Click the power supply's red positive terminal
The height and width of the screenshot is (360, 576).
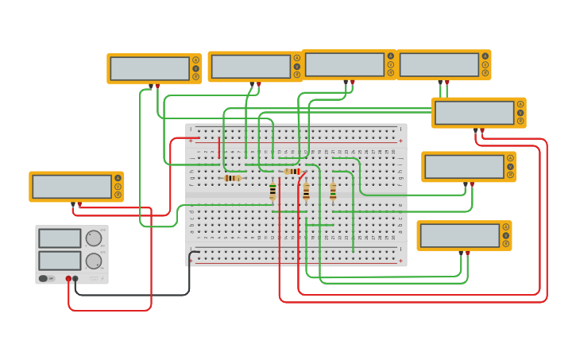point(69,279)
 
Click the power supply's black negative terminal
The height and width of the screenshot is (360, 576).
point(76,279)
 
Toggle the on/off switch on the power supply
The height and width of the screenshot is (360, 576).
point(44,278)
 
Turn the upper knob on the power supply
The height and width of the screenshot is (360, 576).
point(93,238)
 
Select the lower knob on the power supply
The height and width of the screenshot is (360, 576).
point(93,261)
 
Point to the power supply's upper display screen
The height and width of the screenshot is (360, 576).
point(60,238)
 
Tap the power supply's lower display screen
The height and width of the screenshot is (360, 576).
point(60,261)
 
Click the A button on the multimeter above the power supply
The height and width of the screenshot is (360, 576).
point(118,178)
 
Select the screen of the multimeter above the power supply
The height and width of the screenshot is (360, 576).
point(72,187)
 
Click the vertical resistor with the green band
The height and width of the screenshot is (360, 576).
point(273,191)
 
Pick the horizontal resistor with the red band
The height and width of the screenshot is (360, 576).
point(292,171)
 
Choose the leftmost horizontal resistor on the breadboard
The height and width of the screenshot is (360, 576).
point(231,178)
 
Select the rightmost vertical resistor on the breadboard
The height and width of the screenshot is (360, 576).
point(333,192)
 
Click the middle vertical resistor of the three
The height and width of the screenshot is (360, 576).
point(306,192)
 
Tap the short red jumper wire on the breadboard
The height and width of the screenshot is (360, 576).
point(219,146)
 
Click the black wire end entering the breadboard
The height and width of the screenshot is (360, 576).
point(190,254)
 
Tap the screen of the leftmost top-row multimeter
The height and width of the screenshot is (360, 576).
point(149,69)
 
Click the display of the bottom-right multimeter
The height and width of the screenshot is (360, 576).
point(460,236)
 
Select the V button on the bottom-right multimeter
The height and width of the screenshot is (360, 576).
point(505,236)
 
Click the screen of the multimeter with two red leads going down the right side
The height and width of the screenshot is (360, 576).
point(474,113)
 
